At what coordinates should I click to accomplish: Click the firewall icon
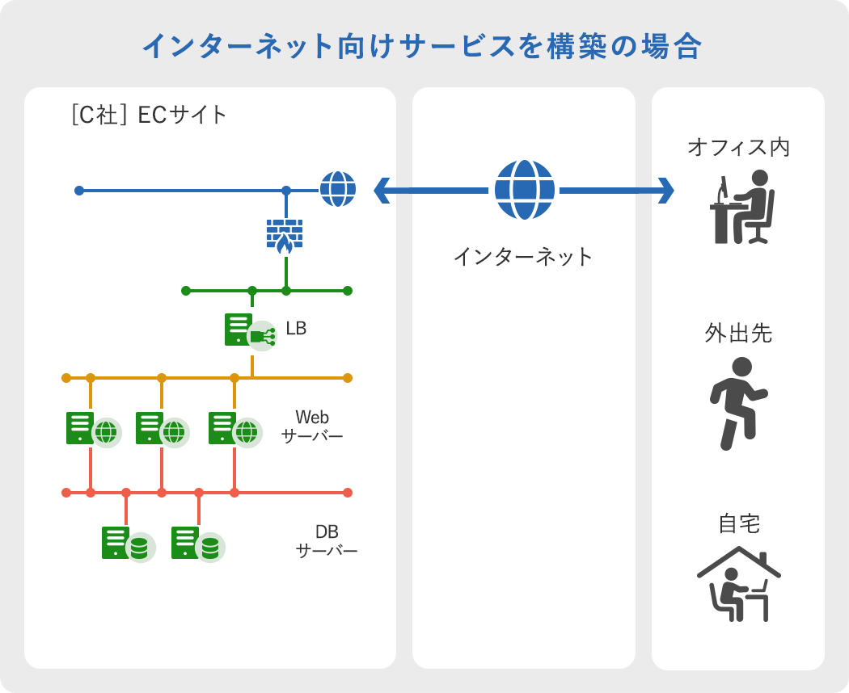[x=285, y=236]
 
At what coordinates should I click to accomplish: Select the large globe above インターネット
[x=525, y=190]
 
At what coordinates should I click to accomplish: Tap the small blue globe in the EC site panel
[x=338, y=189]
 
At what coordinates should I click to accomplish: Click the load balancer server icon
[x=251, y=332]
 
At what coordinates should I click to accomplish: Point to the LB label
[x=296, y=329]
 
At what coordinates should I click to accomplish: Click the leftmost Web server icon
[x=94, y=430]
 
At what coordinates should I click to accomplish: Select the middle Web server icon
[x=163, y=430]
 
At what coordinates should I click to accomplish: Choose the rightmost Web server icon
[x=235, y=430]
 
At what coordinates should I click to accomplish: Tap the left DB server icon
[x=129, y=544]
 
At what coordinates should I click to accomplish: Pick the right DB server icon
[x=198, y=544]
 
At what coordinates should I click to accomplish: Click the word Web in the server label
[x=312, y=417]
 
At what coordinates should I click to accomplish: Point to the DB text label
[x=327, y=531]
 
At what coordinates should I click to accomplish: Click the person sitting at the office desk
[x=742, y=207]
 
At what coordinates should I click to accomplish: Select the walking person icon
[x=738, y=404]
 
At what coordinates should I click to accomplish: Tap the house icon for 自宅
[x=738, y=584]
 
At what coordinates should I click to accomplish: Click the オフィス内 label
[x=738, y=147]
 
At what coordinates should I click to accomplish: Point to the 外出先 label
[x=738, y=334]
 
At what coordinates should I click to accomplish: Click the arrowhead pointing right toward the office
[x=666, y=191]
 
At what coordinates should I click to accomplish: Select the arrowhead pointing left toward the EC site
[x=381, y=191]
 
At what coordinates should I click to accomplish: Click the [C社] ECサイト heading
[x=149, y=115]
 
